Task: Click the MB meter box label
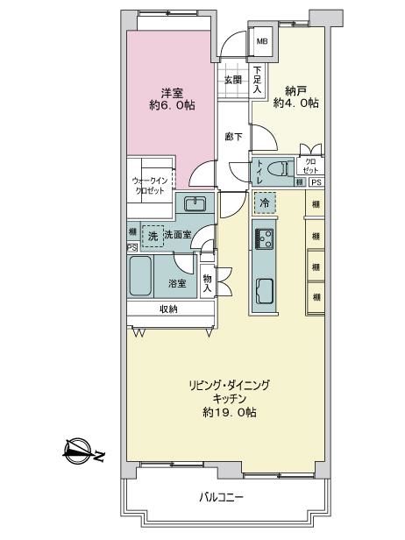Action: pos(262,42)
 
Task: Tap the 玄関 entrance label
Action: pos(233,81)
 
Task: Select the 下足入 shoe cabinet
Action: pos(257,80)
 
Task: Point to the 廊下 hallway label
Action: pos(233,137)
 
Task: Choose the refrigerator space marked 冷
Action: pos(265,202)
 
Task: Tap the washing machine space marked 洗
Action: pos(153,236)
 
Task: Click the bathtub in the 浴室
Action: pos(140,276)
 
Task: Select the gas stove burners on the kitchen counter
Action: pos(264,238)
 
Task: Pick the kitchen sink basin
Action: pos(265,291)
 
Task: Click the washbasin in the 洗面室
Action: pos(195,204)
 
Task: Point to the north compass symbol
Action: pos(79,451)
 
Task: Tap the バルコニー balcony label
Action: pos(222,497)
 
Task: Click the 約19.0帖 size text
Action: pos(229,412)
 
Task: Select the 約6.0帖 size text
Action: pos(172,104)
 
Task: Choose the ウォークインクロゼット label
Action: pos(150,186)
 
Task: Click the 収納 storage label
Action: pos(168,309)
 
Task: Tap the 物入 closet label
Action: pos(207,283)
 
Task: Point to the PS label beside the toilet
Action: pos(316,182)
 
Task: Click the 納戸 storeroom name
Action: pos(295,91)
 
